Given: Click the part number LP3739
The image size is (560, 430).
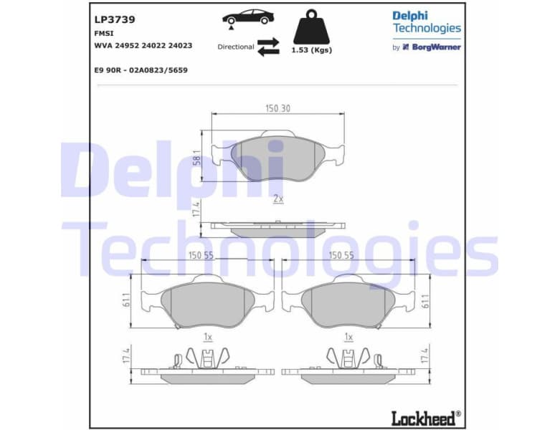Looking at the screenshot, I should [115, 20].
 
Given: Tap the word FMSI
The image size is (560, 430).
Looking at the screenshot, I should [103, 33].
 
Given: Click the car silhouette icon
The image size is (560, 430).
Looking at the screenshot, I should [247, 18].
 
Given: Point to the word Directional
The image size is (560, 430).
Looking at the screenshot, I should [236, 47].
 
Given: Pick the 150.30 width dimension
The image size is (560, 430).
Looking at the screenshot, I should [277, 109].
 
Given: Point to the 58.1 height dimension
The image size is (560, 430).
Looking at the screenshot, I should [196, 157].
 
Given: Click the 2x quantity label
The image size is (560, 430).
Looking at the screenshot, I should [278, 199].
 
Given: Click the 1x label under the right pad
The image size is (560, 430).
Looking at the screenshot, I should [348, 335].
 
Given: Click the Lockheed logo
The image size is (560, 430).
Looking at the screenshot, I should [424, 416].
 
